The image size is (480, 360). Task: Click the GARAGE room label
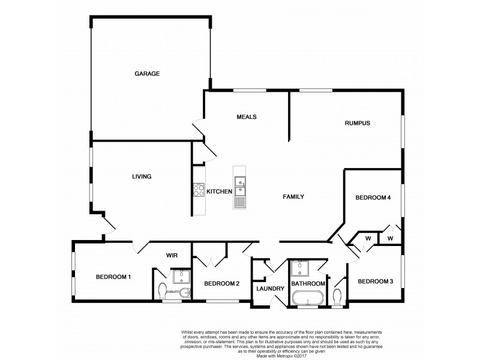(x=146, y=74)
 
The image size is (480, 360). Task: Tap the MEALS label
(x=247, y=117)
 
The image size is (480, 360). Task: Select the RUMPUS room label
(x=357, y=124)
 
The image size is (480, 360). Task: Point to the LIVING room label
(x=142, y=176)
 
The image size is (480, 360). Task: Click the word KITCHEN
(x=219, y=191)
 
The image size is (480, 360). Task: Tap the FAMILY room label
(x=294, y=196)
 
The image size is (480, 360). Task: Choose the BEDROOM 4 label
(x=373, y=197)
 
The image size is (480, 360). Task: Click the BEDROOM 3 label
(x=375, y=281)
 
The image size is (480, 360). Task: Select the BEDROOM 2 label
(x=221, y=283)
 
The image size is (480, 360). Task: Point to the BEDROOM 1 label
(x=113, y=277)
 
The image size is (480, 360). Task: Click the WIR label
(x=173, y=255)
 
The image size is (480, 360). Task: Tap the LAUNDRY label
(x=270, y=289)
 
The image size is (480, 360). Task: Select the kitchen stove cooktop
(x=198, y=191)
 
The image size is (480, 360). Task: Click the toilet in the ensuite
(x=162, y=290)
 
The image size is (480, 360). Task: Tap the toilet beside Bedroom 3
(x=337, y=295)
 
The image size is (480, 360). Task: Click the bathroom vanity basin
(x=298, y=268)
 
